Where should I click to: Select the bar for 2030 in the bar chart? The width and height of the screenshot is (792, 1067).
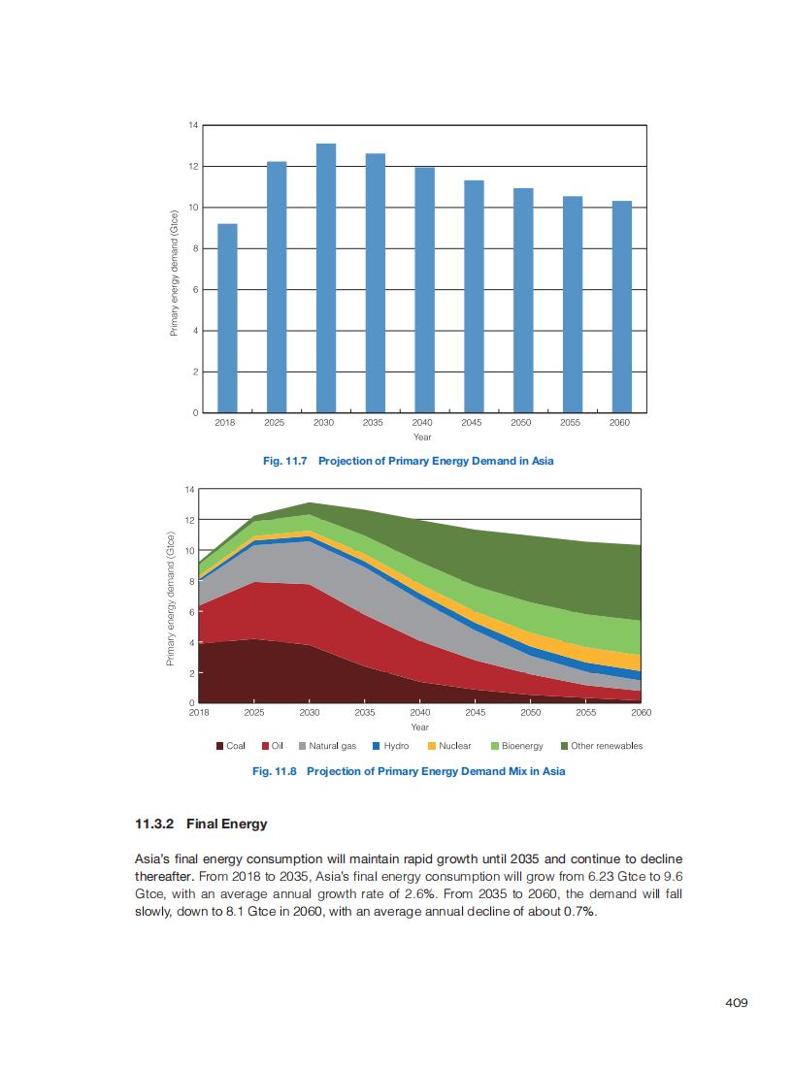[325, 277]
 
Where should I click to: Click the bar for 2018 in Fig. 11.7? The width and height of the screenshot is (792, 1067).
[227, 317]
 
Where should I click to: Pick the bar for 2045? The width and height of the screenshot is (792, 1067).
[474, 295]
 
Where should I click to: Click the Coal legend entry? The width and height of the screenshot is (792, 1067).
[230, 746]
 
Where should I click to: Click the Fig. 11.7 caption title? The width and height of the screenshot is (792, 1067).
[408, 461]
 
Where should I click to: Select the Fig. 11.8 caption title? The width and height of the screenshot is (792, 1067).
[408, 771]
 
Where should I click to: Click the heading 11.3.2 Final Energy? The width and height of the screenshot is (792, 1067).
[201, 824]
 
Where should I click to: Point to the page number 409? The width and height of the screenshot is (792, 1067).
[737, 1003]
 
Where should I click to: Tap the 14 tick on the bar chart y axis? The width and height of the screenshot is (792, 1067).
[193, 126]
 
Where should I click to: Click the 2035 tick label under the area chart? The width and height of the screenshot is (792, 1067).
[365, 713]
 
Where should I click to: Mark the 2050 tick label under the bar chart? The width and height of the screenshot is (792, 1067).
[522, 423]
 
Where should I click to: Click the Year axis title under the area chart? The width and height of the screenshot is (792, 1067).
[419, 727]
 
